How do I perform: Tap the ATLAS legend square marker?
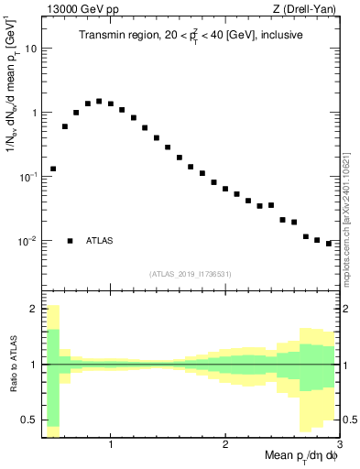pos(70,241)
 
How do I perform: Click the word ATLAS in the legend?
pos(100,241)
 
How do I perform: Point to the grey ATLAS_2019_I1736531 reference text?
pos(191,273)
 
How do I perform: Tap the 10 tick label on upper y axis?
pos(30,49)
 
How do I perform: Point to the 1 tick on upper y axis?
pos(33,113)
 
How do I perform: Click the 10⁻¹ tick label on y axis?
pos(27,176)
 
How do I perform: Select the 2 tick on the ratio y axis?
pos(33,310)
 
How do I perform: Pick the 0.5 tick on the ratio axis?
pos(29,420)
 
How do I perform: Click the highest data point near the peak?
pos(99,102)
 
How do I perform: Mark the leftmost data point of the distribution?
pos(53,169)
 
